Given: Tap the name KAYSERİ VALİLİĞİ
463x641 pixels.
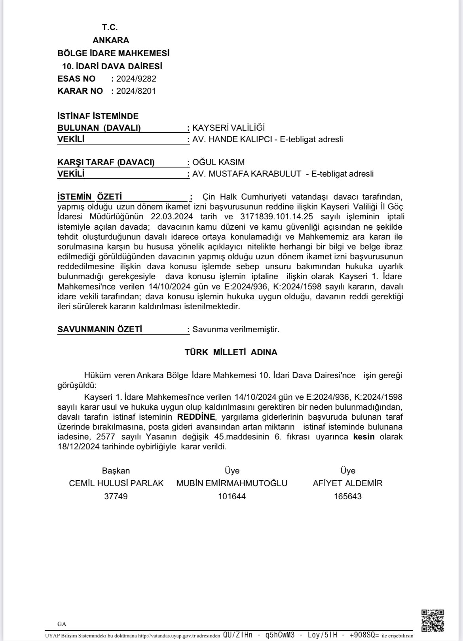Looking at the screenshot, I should click(228, 128).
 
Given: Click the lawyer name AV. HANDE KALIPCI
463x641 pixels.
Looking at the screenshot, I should click(230, 139).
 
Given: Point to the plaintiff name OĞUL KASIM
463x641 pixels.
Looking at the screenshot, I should click(218, 162).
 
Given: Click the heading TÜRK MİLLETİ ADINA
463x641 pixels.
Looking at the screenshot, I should click(231, 352).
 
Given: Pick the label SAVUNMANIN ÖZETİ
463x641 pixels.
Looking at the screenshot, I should click(100, 329).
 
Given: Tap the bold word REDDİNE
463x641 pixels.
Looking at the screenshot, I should click(196, 417).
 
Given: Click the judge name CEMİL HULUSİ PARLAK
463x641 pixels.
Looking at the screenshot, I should click(116, 483).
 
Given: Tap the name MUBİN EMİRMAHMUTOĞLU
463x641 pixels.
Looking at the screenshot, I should click(232, 483).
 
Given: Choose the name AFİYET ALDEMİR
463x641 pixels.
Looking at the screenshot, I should click(347, 483).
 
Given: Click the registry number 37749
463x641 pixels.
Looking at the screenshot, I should click(116, 496).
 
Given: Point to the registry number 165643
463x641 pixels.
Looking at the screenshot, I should click(348, 496).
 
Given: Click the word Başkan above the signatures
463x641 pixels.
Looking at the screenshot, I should click(116, 471).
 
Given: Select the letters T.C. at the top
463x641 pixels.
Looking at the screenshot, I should click(110, 27).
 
